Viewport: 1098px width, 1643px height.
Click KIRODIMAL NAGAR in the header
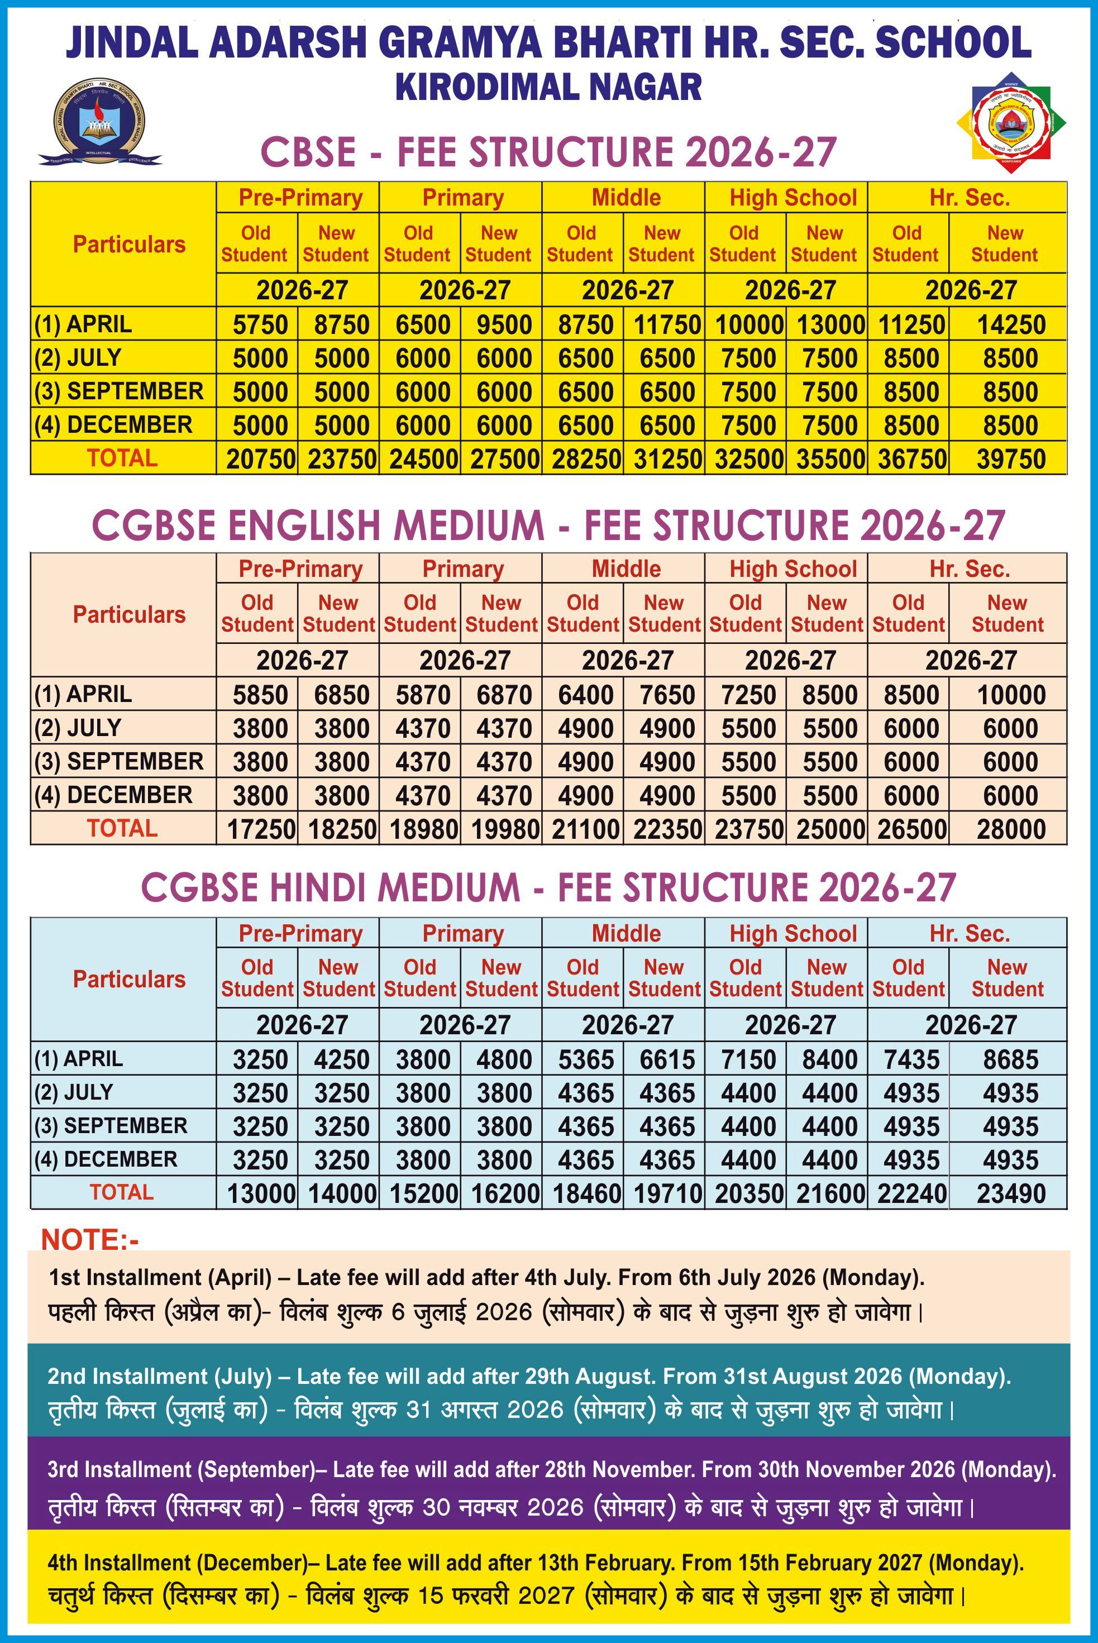(x=548, y=87)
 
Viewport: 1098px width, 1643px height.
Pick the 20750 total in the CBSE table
(x=260, y=459)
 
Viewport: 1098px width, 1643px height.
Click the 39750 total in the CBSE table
(x=1010, y=459)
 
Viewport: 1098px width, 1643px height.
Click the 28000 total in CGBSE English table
(x=1010, y=829)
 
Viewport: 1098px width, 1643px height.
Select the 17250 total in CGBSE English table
(x=260, y=829)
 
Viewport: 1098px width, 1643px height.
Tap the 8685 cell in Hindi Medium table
(x=1010, y=1059)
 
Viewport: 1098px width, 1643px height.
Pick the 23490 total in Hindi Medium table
(x=1010, y=1193)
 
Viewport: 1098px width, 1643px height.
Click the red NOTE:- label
(x=90, y=1240)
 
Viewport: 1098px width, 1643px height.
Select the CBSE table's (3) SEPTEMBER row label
(x=119, y=391)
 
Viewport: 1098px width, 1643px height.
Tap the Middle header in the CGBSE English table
(x=626, y=569)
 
